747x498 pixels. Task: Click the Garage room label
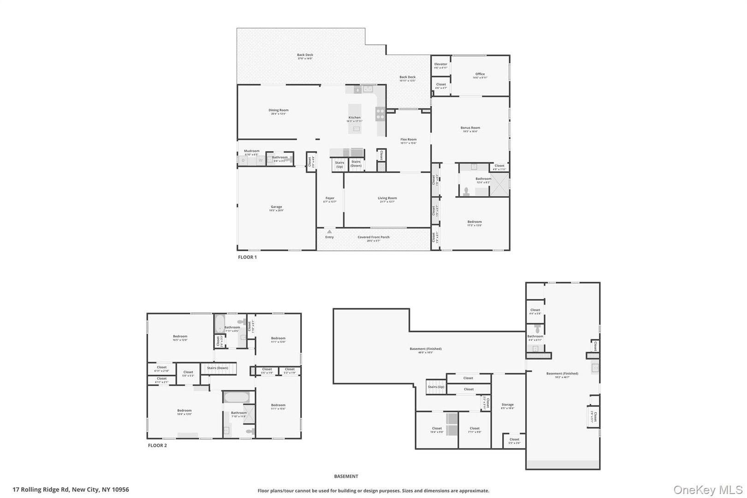click(276, 207)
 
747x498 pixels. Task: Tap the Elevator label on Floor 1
click(440, 64)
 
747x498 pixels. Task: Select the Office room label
click(480, 74)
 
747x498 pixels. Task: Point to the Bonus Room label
click(470, 128)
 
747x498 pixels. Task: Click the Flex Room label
click(408, 139)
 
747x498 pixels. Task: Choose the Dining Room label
click(279, 110)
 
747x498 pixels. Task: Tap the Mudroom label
click(251, 151)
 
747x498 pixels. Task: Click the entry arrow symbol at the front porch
click(329, 232)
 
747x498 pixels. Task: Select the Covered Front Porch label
click(373, 237)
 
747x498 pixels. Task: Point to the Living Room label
click(387, 198)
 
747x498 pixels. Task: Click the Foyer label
click(330, 198)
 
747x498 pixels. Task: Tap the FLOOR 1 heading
click(247, 257)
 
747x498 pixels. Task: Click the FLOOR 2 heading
click(157, 446)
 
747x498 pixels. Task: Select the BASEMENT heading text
click(346, 476)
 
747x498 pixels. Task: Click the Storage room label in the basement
click(507, 405)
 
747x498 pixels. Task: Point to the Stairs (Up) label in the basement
click(436, 387)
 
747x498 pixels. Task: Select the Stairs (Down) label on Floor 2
click(218, 368)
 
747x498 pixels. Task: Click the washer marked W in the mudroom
click(260, 160)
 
